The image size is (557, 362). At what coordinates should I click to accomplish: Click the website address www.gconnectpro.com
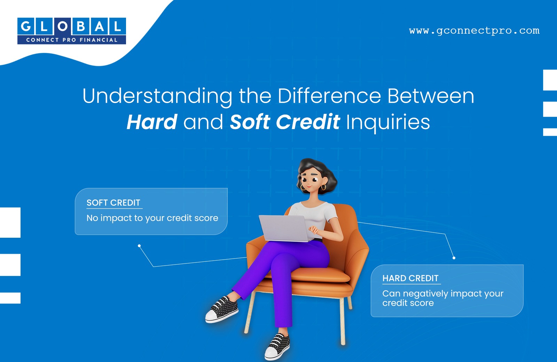pos(474,31)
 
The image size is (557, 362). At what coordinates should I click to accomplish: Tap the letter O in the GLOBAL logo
pos(62,26)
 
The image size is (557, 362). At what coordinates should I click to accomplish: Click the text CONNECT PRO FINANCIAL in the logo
pos(72,40)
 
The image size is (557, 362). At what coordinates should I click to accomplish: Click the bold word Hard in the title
pos(152,122)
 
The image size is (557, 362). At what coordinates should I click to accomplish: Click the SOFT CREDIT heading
pos(113,203)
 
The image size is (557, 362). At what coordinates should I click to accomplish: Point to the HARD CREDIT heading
pos(410,278)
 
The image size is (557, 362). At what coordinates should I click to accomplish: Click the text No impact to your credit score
pos(152,218)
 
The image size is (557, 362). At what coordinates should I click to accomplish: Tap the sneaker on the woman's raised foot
pos(222,309)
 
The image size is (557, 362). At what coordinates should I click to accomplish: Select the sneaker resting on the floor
pos(277,347)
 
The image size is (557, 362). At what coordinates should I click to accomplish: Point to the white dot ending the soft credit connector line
pos(139,246)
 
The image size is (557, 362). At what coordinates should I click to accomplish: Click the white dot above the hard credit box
pos(454,258)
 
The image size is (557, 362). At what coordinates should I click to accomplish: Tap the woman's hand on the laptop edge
pos(313,230)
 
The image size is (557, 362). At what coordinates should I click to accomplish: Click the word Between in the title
pos(431,96)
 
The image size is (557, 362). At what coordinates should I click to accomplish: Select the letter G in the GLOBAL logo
pos(26,26)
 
